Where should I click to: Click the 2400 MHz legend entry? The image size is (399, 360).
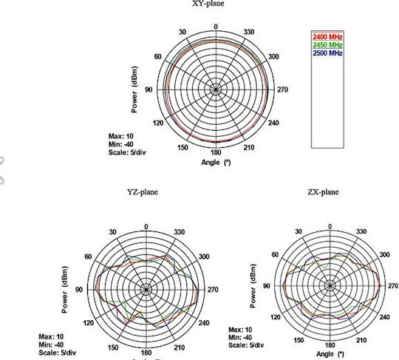327,37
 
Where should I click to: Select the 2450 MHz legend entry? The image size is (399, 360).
327,45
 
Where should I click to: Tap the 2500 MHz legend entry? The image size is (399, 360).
327,53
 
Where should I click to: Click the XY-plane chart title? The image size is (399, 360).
208,3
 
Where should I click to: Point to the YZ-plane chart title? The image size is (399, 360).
143,191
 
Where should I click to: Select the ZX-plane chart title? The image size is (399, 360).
323,191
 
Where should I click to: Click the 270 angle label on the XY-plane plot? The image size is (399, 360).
282,89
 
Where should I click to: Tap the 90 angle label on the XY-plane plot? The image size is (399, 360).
149,89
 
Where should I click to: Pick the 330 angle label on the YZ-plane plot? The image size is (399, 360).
180,232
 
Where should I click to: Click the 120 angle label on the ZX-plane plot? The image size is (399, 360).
276,317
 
